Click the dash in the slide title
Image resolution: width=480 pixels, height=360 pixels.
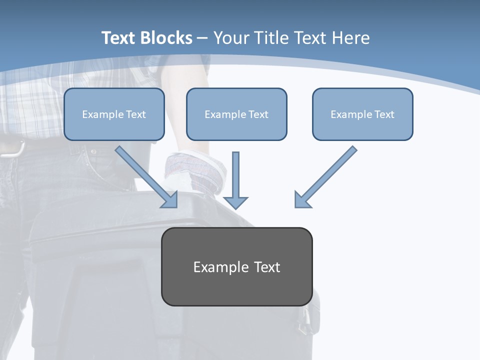click(202, 38)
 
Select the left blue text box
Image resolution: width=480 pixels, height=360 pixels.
click(114, 114)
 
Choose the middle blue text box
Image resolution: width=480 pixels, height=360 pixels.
click(236, 114)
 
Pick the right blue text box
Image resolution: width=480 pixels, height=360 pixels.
click(362, 114)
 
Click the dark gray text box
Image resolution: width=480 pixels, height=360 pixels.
click(236, 266)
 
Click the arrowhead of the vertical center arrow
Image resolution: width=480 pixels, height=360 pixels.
click(235, 202)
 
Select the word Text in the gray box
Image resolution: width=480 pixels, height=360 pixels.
click(267, 267)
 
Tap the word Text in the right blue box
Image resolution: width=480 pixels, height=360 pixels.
click(384, 114)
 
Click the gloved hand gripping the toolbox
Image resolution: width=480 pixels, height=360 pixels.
click(190, 172)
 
